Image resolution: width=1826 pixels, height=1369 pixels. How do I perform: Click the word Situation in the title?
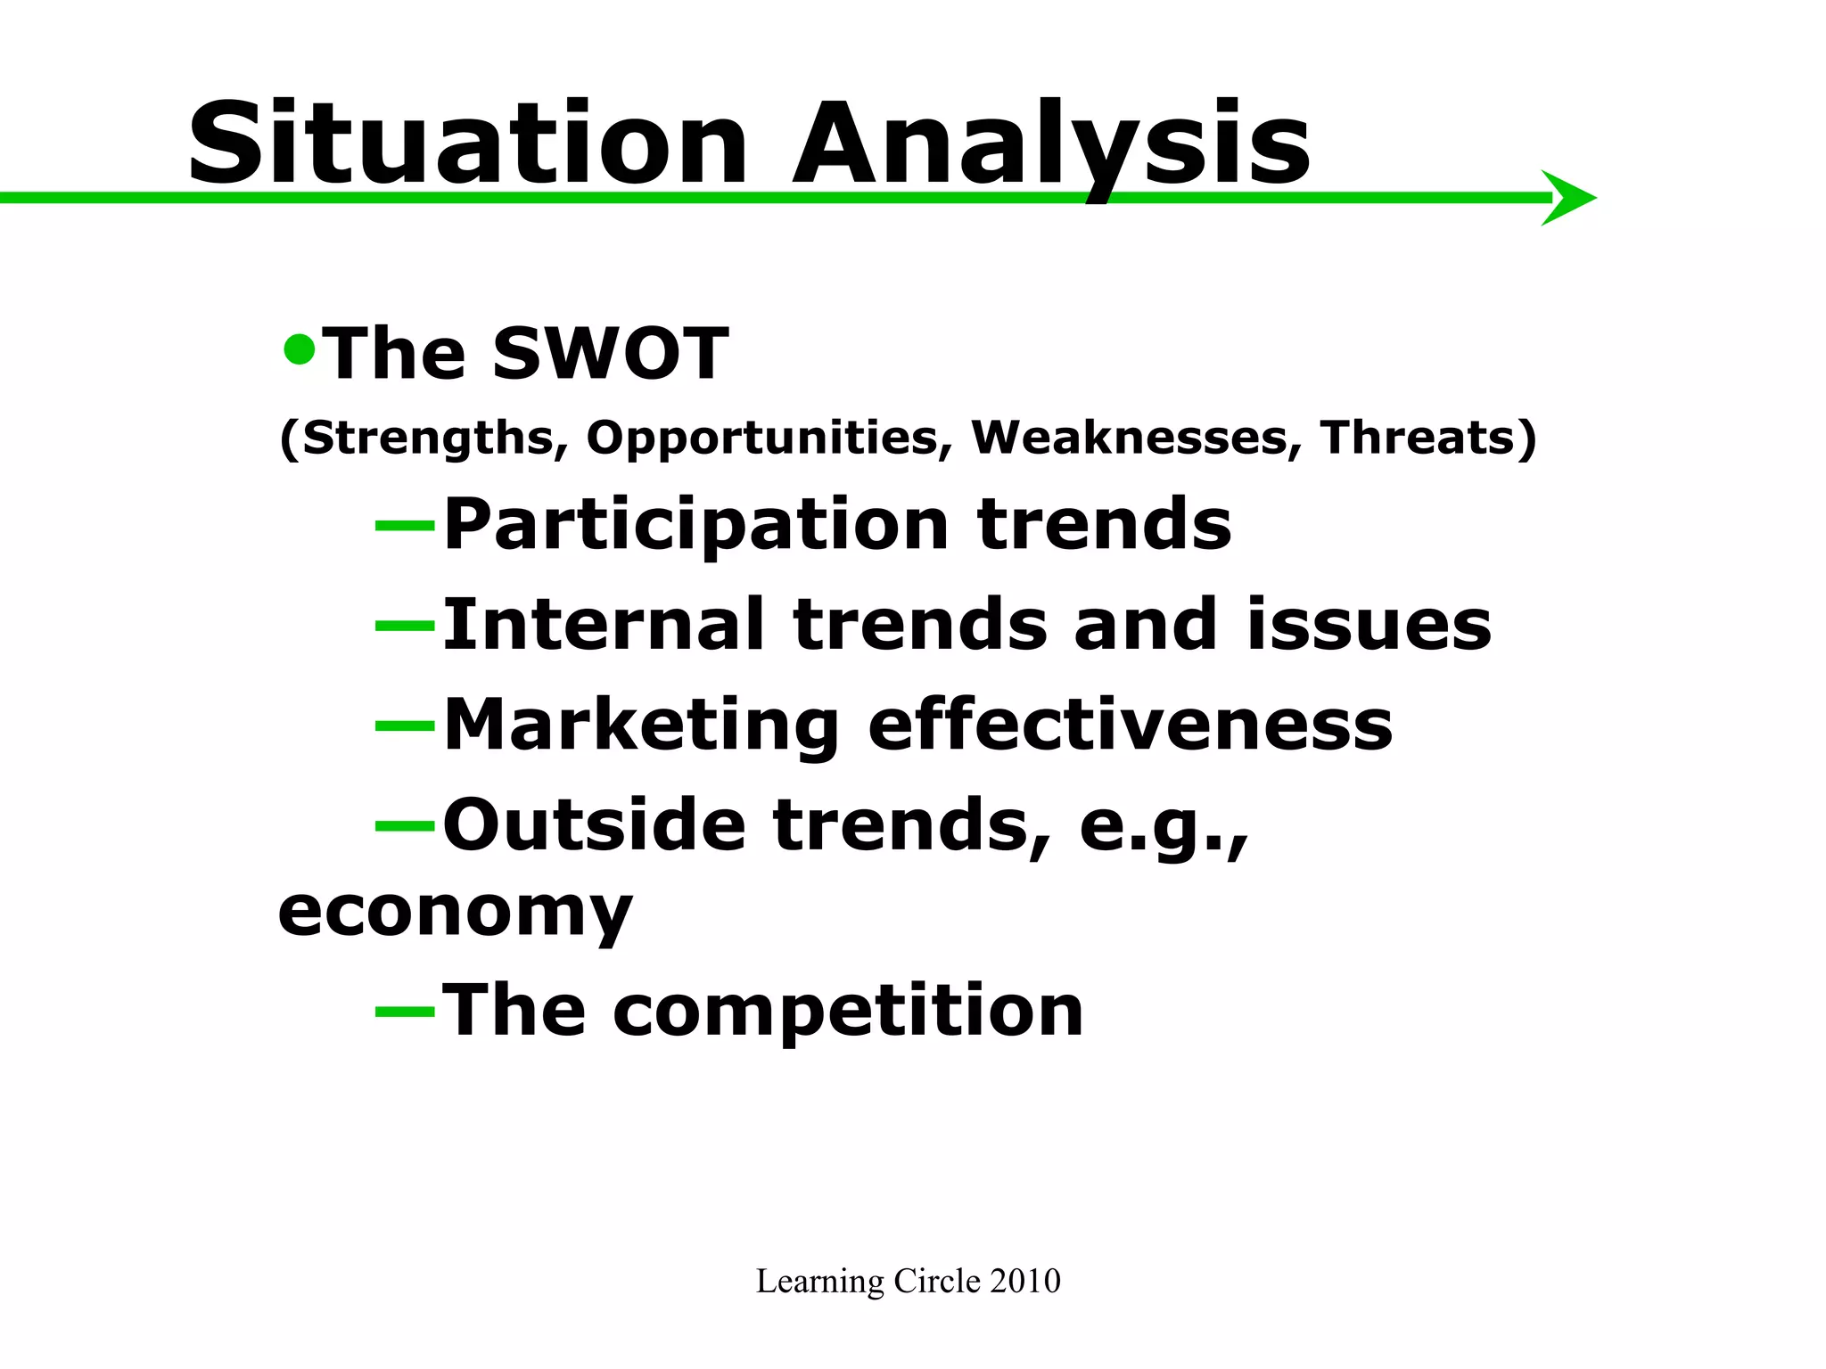tap(467, 144)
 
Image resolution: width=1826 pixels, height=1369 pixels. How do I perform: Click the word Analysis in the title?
tap(1051, 144)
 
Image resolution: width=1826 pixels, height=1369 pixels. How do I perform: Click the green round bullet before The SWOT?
tap(300, 349)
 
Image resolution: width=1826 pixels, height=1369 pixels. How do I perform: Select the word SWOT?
tap(611, 354)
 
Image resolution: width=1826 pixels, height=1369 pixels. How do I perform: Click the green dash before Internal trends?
tap(404, 627)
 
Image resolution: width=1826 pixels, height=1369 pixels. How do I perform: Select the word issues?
tap(1368, 625)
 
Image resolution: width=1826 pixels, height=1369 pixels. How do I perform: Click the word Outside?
tap(594, 825)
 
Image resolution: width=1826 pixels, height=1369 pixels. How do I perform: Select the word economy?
tap(455, 914)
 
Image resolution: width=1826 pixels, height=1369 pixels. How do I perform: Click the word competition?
tap(847, 1012)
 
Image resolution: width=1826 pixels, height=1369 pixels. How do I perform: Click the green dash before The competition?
tap(404, 1012)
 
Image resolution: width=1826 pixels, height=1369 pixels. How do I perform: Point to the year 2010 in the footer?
tap(1025, 1282)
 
